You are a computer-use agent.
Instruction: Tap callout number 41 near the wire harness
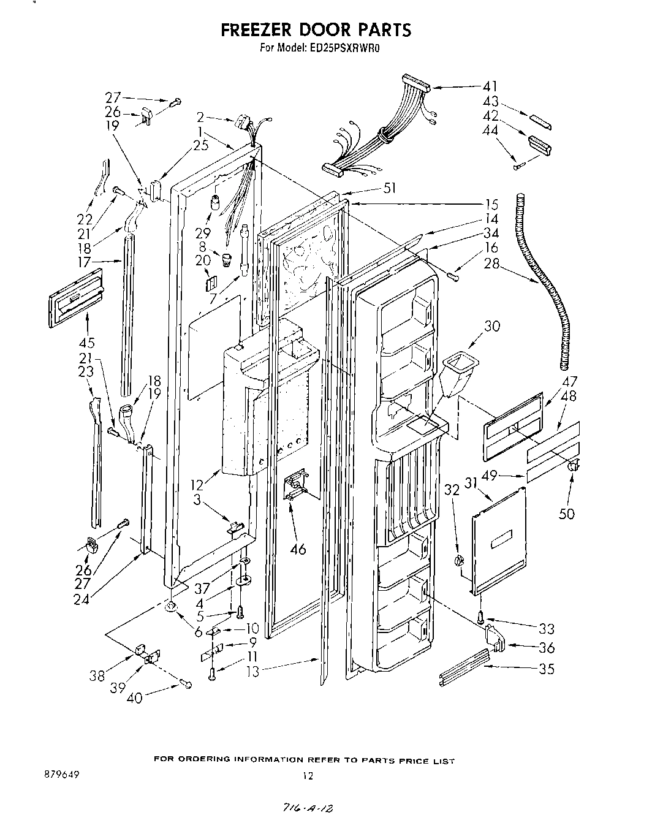(x=490, y=86)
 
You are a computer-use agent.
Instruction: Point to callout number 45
(x=86, y=342)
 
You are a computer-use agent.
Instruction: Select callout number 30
(x=491, y=326)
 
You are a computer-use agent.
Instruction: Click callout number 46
(x=298, y=549)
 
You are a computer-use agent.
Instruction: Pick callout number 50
(x=567, y=512)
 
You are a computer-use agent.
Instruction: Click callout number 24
(x=81, y=599)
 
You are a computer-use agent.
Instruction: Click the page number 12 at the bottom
(x=308, y=776)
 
